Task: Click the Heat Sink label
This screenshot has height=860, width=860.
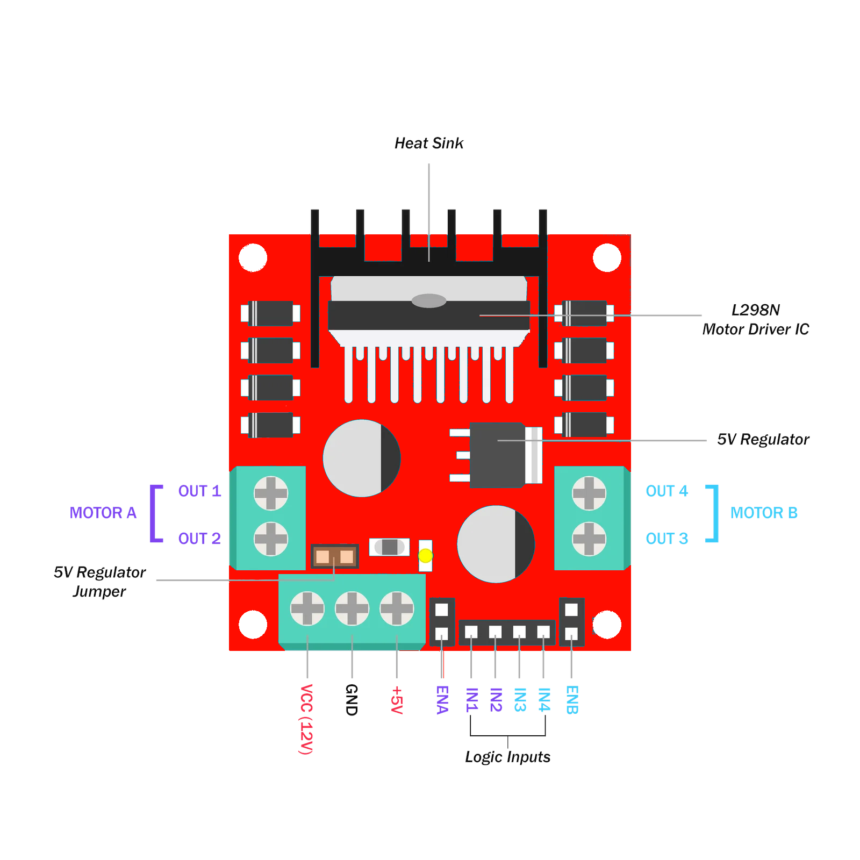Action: [428, 144]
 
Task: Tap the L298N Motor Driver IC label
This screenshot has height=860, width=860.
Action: [755, 319]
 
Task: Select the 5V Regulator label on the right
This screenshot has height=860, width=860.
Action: [763, 440]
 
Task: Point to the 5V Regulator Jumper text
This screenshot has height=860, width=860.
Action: [100, 582]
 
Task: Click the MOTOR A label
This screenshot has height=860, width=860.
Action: [103, 513]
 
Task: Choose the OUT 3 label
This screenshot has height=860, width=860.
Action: [666, 539]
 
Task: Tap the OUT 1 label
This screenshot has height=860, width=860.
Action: [199, 491]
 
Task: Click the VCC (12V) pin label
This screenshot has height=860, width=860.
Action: [306, 719]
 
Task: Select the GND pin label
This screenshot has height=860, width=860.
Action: [351, 699]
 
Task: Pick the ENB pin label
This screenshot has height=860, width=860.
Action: [571, 699]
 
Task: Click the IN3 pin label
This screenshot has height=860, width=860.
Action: [519, 699]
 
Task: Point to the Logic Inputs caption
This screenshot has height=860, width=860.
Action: [507, 757]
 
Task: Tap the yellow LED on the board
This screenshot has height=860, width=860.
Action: [425, 555]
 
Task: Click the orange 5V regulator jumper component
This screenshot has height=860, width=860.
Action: [334, 556]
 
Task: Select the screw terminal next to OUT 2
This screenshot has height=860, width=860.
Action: [270, 539]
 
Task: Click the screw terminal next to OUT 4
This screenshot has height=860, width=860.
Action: [589, 493]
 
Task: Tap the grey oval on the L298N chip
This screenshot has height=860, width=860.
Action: [429, 300]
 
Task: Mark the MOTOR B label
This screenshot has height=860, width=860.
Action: [764, 513]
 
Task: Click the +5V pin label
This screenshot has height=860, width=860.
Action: [396, 699]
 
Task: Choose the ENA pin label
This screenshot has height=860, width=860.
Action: [442, 699]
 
